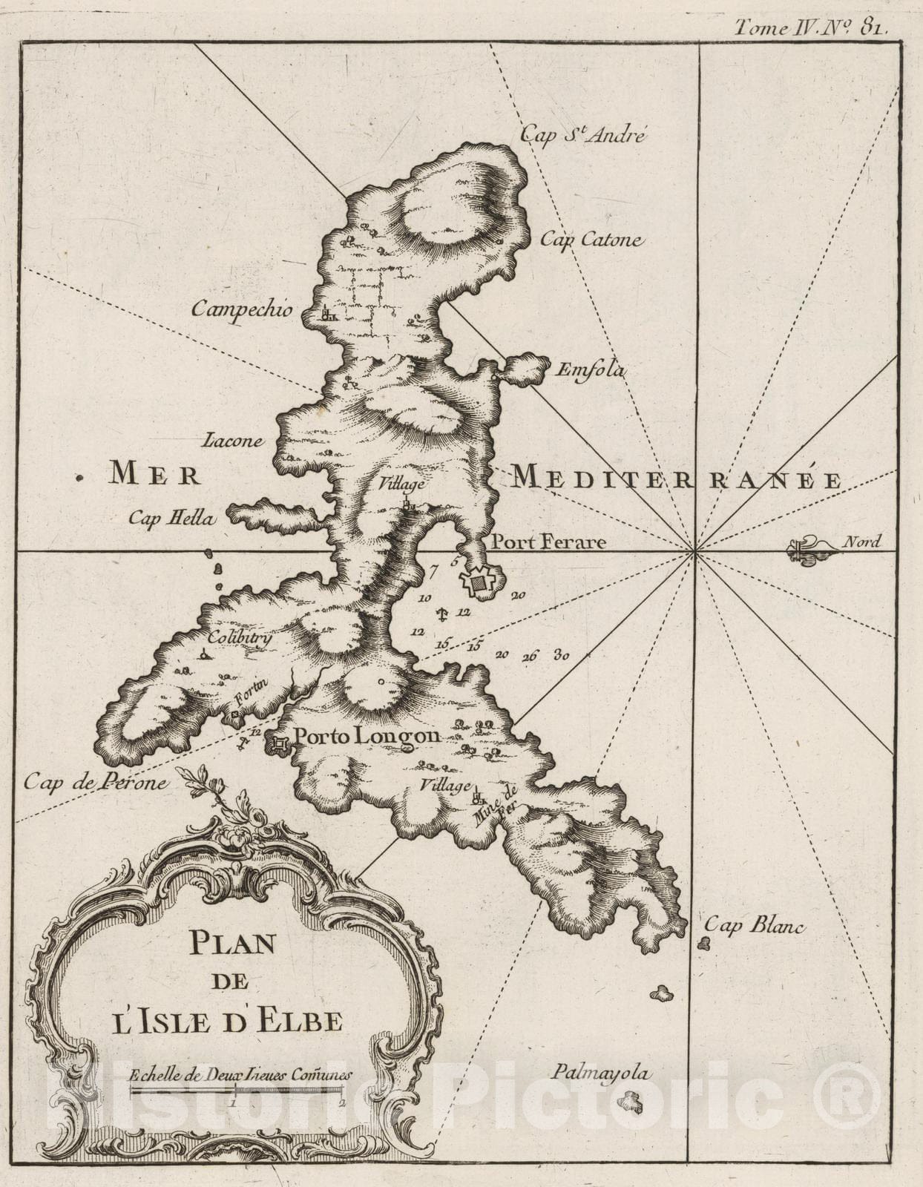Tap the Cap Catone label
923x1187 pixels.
pos(591,240)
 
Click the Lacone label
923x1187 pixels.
pos(232,441)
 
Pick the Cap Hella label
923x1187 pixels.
pos(171,518)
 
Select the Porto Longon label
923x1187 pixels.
pos(367,737)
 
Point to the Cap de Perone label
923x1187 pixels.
pos(95,781)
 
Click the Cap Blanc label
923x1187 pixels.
pos(754,925)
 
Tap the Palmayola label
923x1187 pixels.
pos(600,1073)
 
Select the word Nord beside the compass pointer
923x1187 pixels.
pos(861,542)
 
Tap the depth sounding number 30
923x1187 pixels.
pos(562,655)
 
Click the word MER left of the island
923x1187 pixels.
pos(154,473)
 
